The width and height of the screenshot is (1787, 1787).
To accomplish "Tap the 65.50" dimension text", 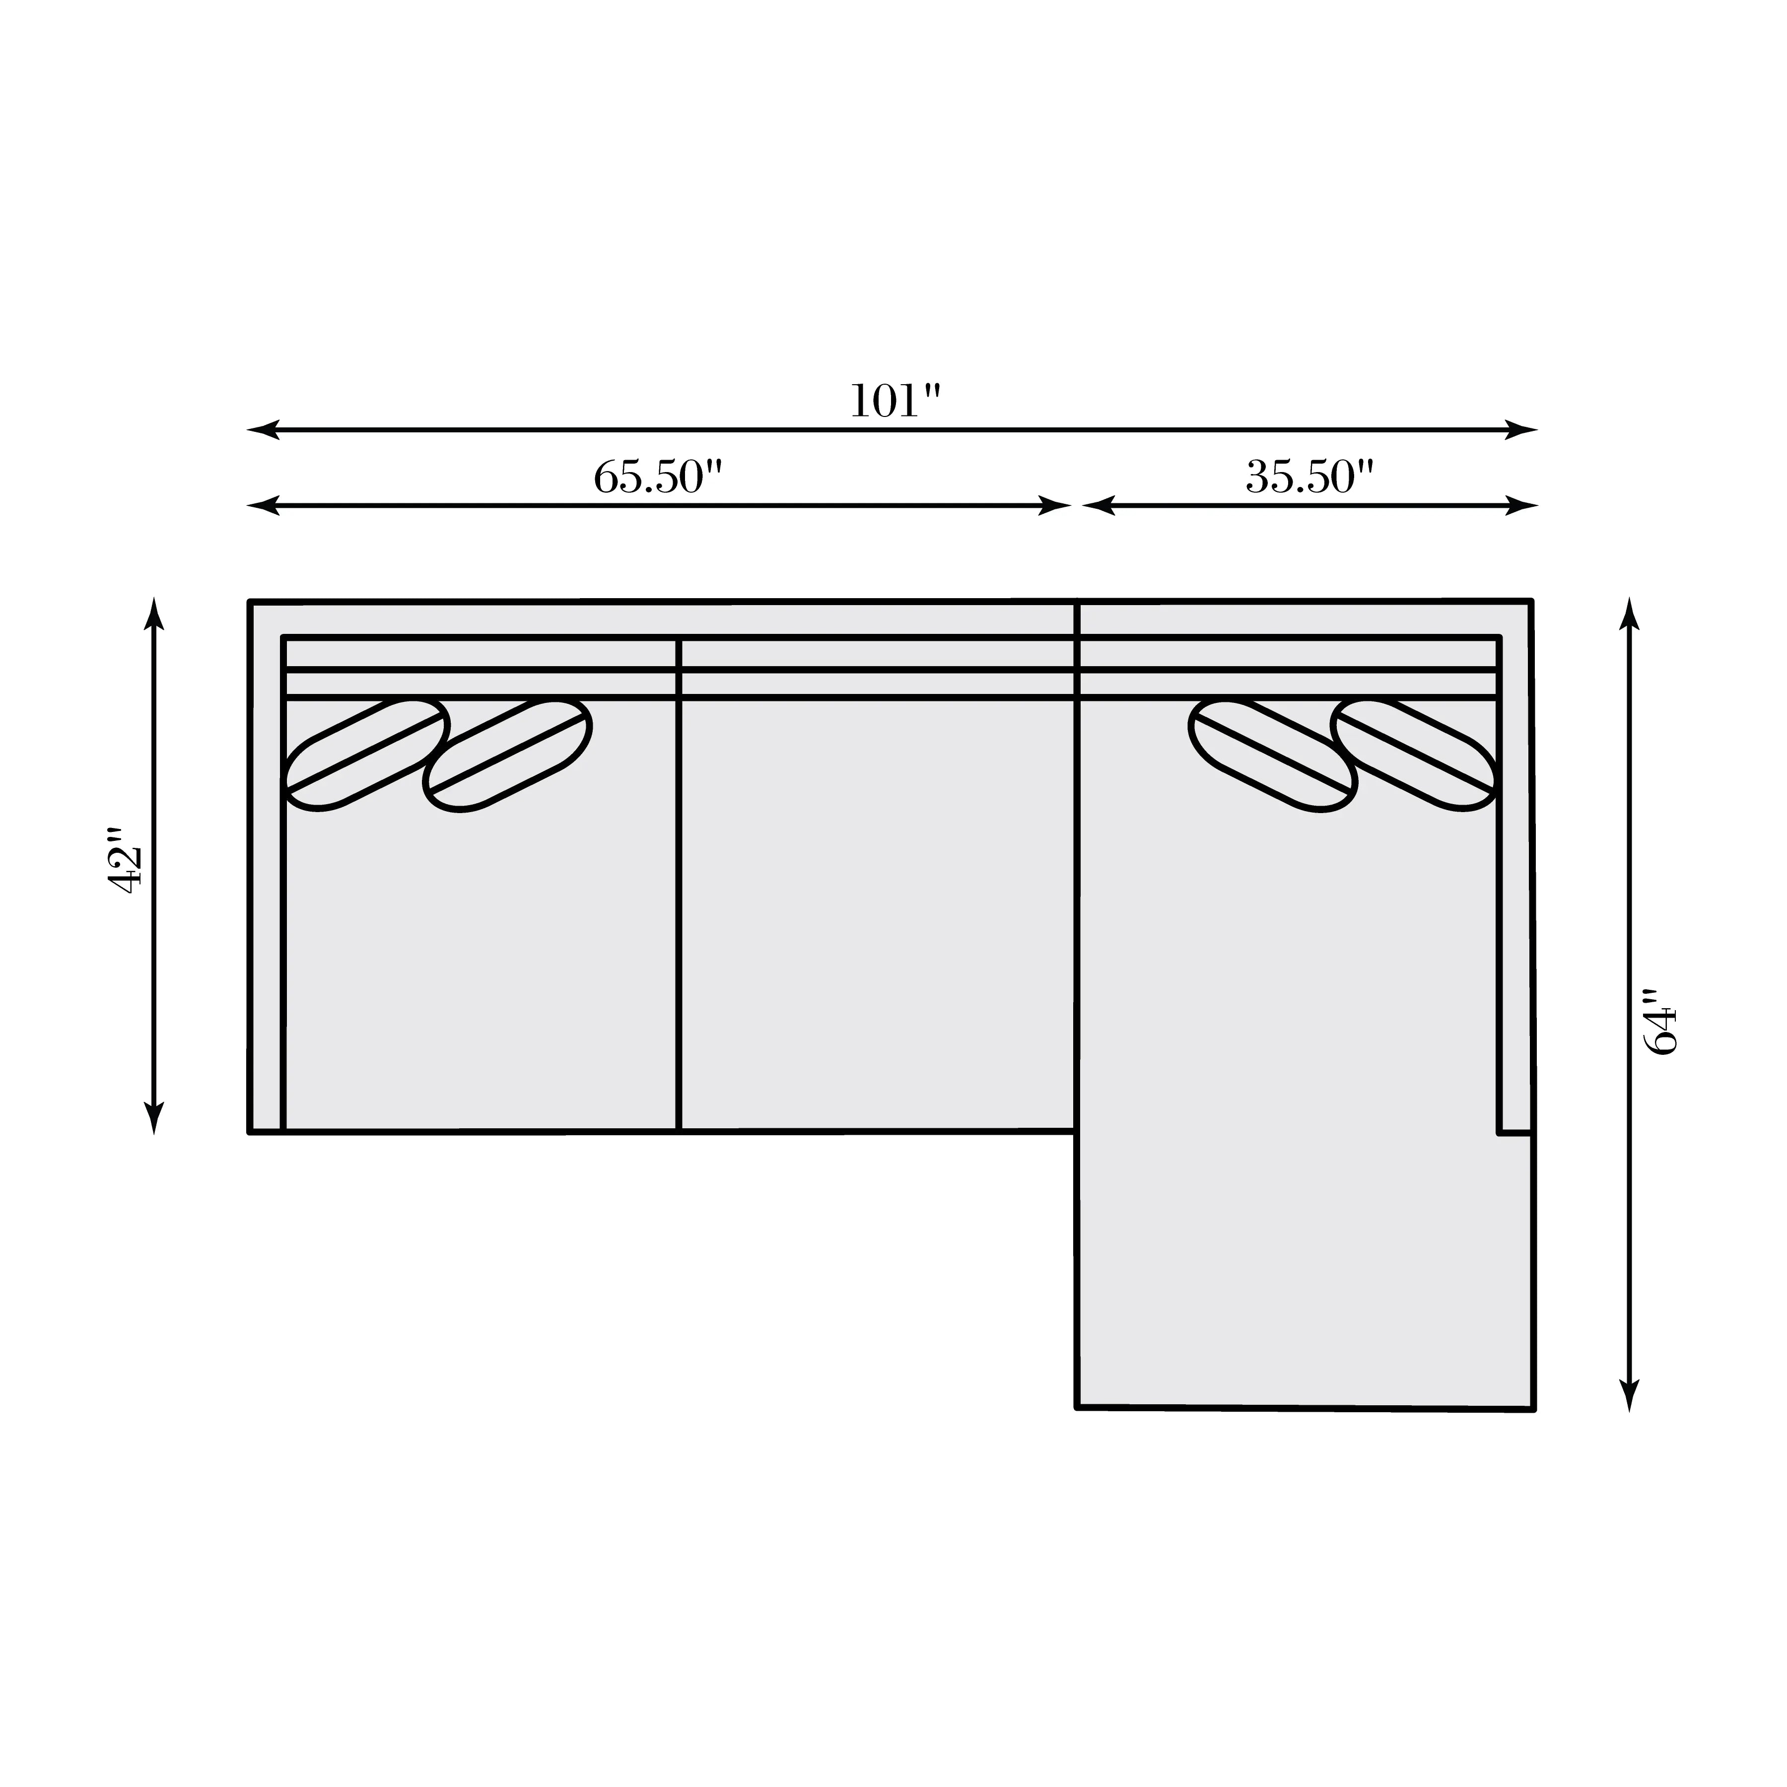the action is [657, 478].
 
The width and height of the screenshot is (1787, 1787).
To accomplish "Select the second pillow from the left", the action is [508, 755].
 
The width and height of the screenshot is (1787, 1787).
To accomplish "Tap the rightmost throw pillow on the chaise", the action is [1414, 755].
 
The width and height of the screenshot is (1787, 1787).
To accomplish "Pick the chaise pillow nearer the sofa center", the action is [1273, 755].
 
